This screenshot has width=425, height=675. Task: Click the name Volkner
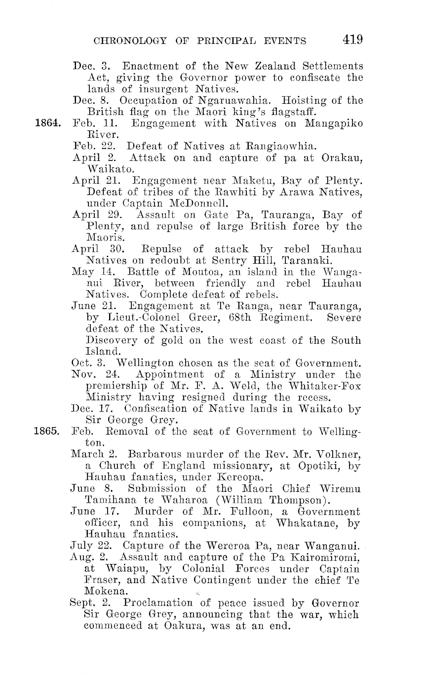click(x=340, y=454)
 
